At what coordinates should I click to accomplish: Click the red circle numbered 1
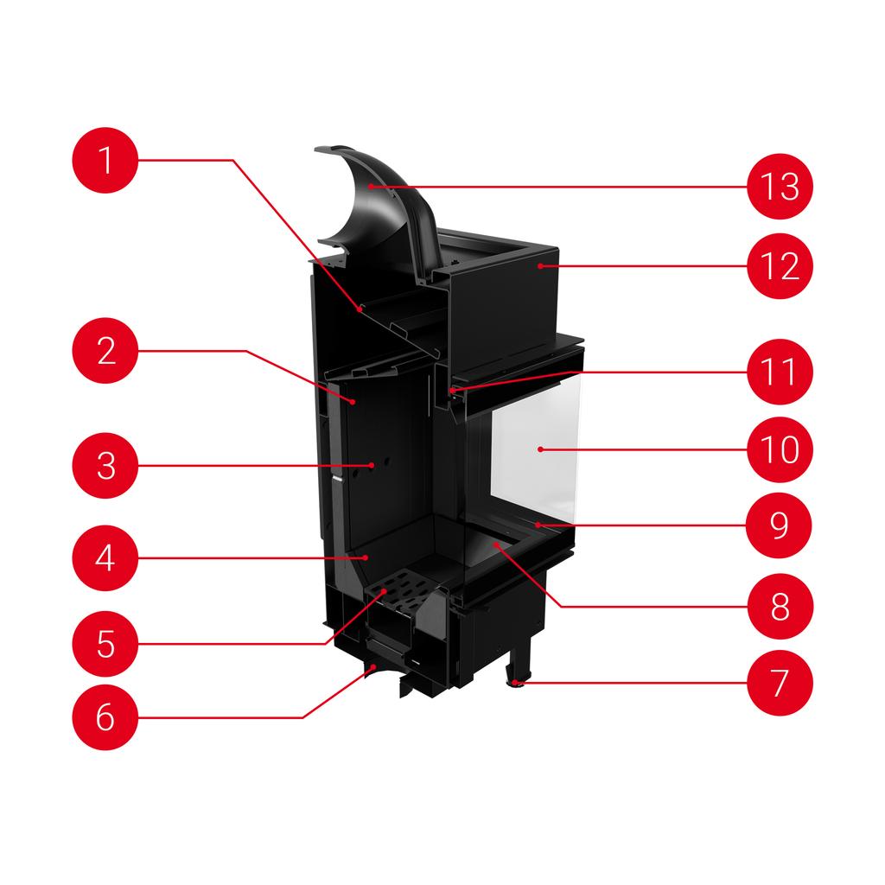[105, 161]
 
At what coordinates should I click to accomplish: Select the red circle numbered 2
[105, 351]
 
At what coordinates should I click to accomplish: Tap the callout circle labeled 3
[105, 466]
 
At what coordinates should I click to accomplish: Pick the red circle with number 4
[105, 558]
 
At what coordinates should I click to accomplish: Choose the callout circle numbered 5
[105, 644]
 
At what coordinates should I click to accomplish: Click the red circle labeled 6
[105, 717]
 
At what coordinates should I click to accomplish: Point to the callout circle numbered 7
[780, 682]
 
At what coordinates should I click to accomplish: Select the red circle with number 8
[780, 606]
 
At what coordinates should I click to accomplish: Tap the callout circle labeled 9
[780, 525]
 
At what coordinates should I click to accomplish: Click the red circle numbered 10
[780, 449]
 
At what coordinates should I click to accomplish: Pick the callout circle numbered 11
[780, 372]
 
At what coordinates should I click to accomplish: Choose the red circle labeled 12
[780, 266]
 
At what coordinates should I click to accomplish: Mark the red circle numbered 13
[780, 186]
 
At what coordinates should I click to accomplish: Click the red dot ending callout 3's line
[372, 465]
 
